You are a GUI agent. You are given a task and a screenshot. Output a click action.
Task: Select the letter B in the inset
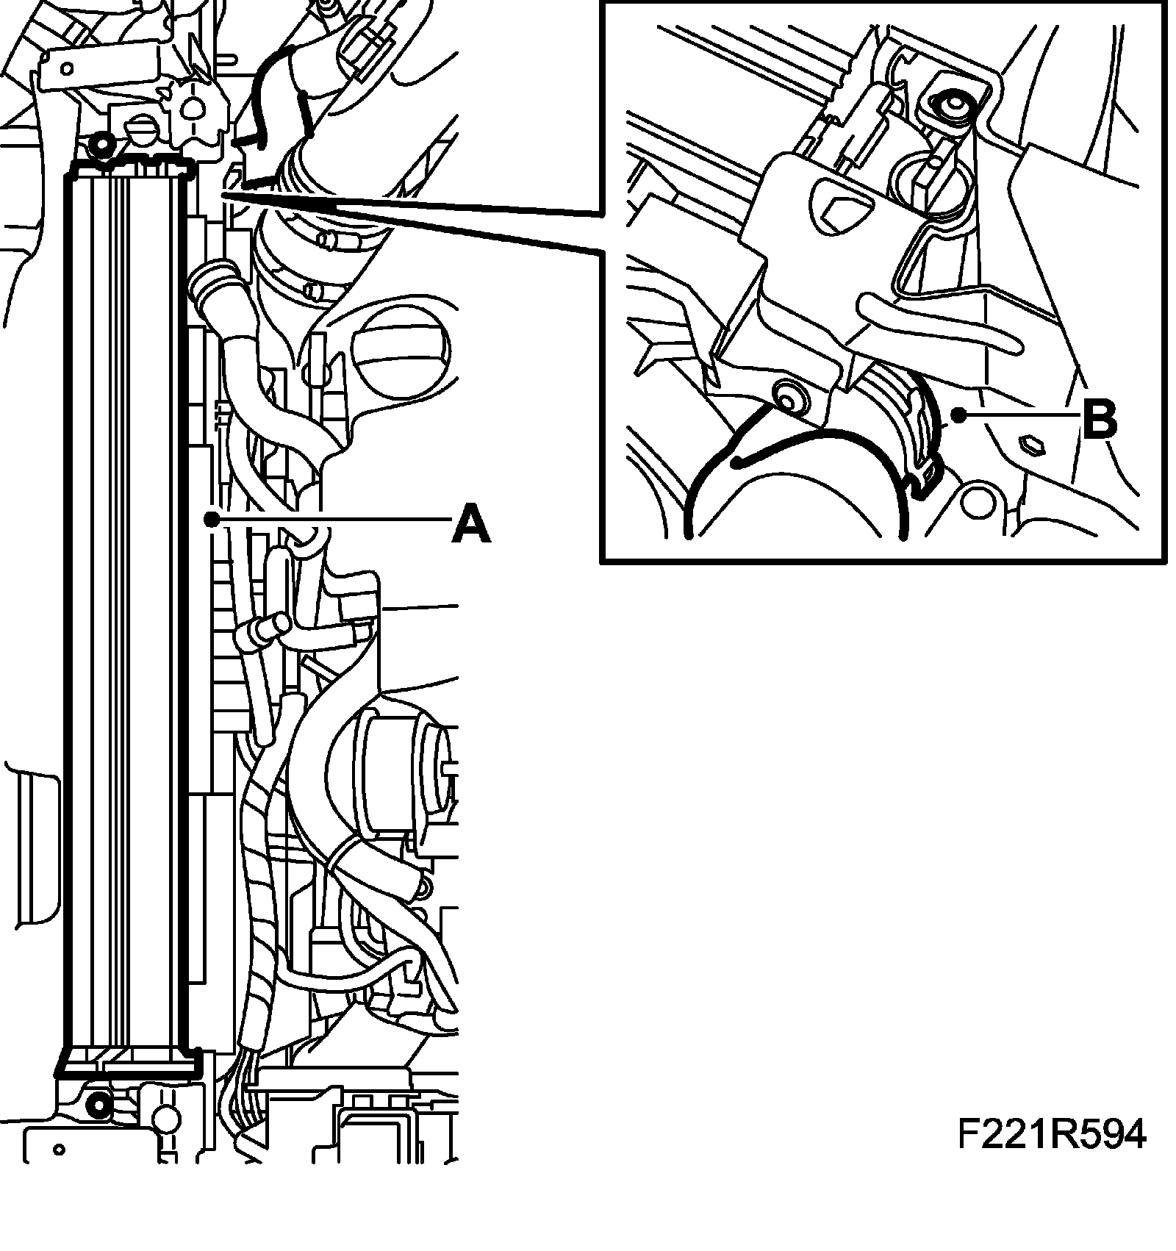click(x=1100, y=420)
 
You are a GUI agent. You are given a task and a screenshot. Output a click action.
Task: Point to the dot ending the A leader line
click(x=212, y=519)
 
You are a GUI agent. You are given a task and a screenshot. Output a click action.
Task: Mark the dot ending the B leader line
click(x=958, y=416)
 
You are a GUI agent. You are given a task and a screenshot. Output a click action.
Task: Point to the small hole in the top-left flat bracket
click(x=67, y=68)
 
